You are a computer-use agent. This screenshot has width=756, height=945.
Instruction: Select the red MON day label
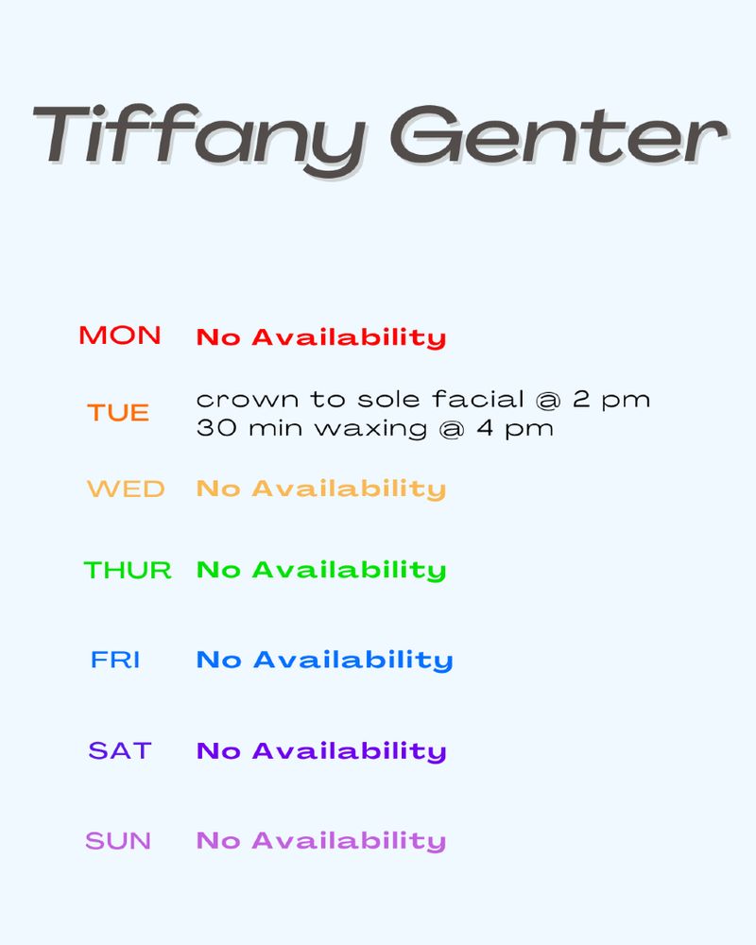pos(120,335)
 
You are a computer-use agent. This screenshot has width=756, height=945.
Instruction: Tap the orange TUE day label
pos(118,413)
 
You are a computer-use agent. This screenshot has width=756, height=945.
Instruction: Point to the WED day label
pos(126,490)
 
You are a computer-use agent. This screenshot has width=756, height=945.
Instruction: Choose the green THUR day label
pos(129,570)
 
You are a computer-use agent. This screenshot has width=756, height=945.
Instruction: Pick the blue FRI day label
pos(115,660)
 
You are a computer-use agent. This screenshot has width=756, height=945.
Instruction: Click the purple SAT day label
pos(120,751)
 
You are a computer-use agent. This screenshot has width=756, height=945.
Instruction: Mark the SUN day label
pos(118,841)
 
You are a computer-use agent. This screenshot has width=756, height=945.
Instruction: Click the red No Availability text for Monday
pos(321,337)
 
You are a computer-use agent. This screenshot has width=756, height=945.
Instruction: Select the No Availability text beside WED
pos(321,490)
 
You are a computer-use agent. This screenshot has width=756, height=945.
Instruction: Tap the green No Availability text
pos(321,570)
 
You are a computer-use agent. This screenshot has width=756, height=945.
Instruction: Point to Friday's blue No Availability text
pos(325,660)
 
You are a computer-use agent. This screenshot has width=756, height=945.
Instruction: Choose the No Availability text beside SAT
pos(321,751)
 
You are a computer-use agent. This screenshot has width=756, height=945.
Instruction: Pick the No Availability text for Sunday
pos(321,841)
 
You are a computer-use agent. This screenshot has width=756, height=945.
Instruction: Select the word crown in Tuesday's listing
pos(233,400)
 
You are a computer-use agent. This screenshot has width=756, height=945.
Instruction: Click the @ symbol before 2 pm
pos(548,400)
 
